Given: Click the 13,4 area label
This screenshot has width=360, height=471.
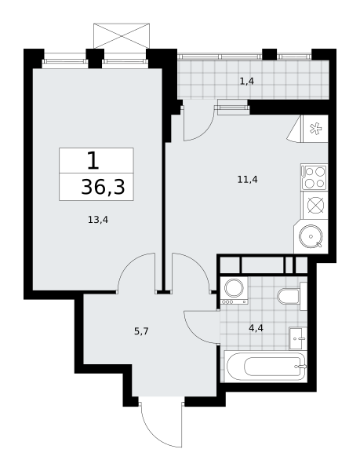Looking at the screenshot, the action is point(98,220).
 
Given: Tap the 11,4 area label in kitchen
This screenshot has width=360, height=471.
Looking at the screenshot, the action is point(248,180).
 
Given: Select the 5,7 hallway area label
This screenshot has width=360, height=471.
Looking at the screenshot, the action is point(141,331).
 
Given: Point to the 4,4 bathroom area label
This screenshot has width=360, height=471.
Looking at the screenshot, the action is point(256,328).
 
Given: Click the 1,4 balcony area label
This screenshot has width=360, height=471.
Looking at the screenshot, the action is point(247,81).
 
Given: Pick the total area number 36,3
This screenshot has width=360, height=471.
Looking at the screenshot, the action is point(103,187).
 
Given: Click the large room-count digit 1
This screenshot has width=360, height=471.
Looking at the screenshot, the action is point(93,160).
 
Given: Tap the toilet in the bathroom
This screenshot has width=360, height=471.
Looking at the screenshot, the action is point(292,296).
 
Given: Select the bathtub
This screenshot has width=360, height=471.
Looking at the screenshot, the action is point(266,366).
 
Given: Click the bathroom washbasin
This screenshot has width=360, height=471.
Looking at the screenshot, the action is point(298,338).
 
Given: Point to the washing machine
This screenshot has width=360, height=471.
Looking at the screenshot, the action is point(234,290).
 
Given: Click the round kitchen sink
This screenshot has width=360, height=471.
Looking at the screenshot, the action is point(311,236).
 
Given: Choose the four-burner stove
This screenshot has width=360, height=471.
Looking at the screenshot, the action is point(315,177).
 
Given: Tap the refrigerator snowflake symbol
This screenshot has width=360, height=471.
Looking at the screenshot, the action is point(315,130).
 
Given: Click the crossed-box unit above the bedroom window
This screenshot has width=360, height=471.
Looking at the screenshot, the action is point(122,36).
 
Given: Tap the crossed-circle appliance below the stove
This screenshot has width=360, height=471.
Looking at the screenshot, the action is point(315,206).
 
